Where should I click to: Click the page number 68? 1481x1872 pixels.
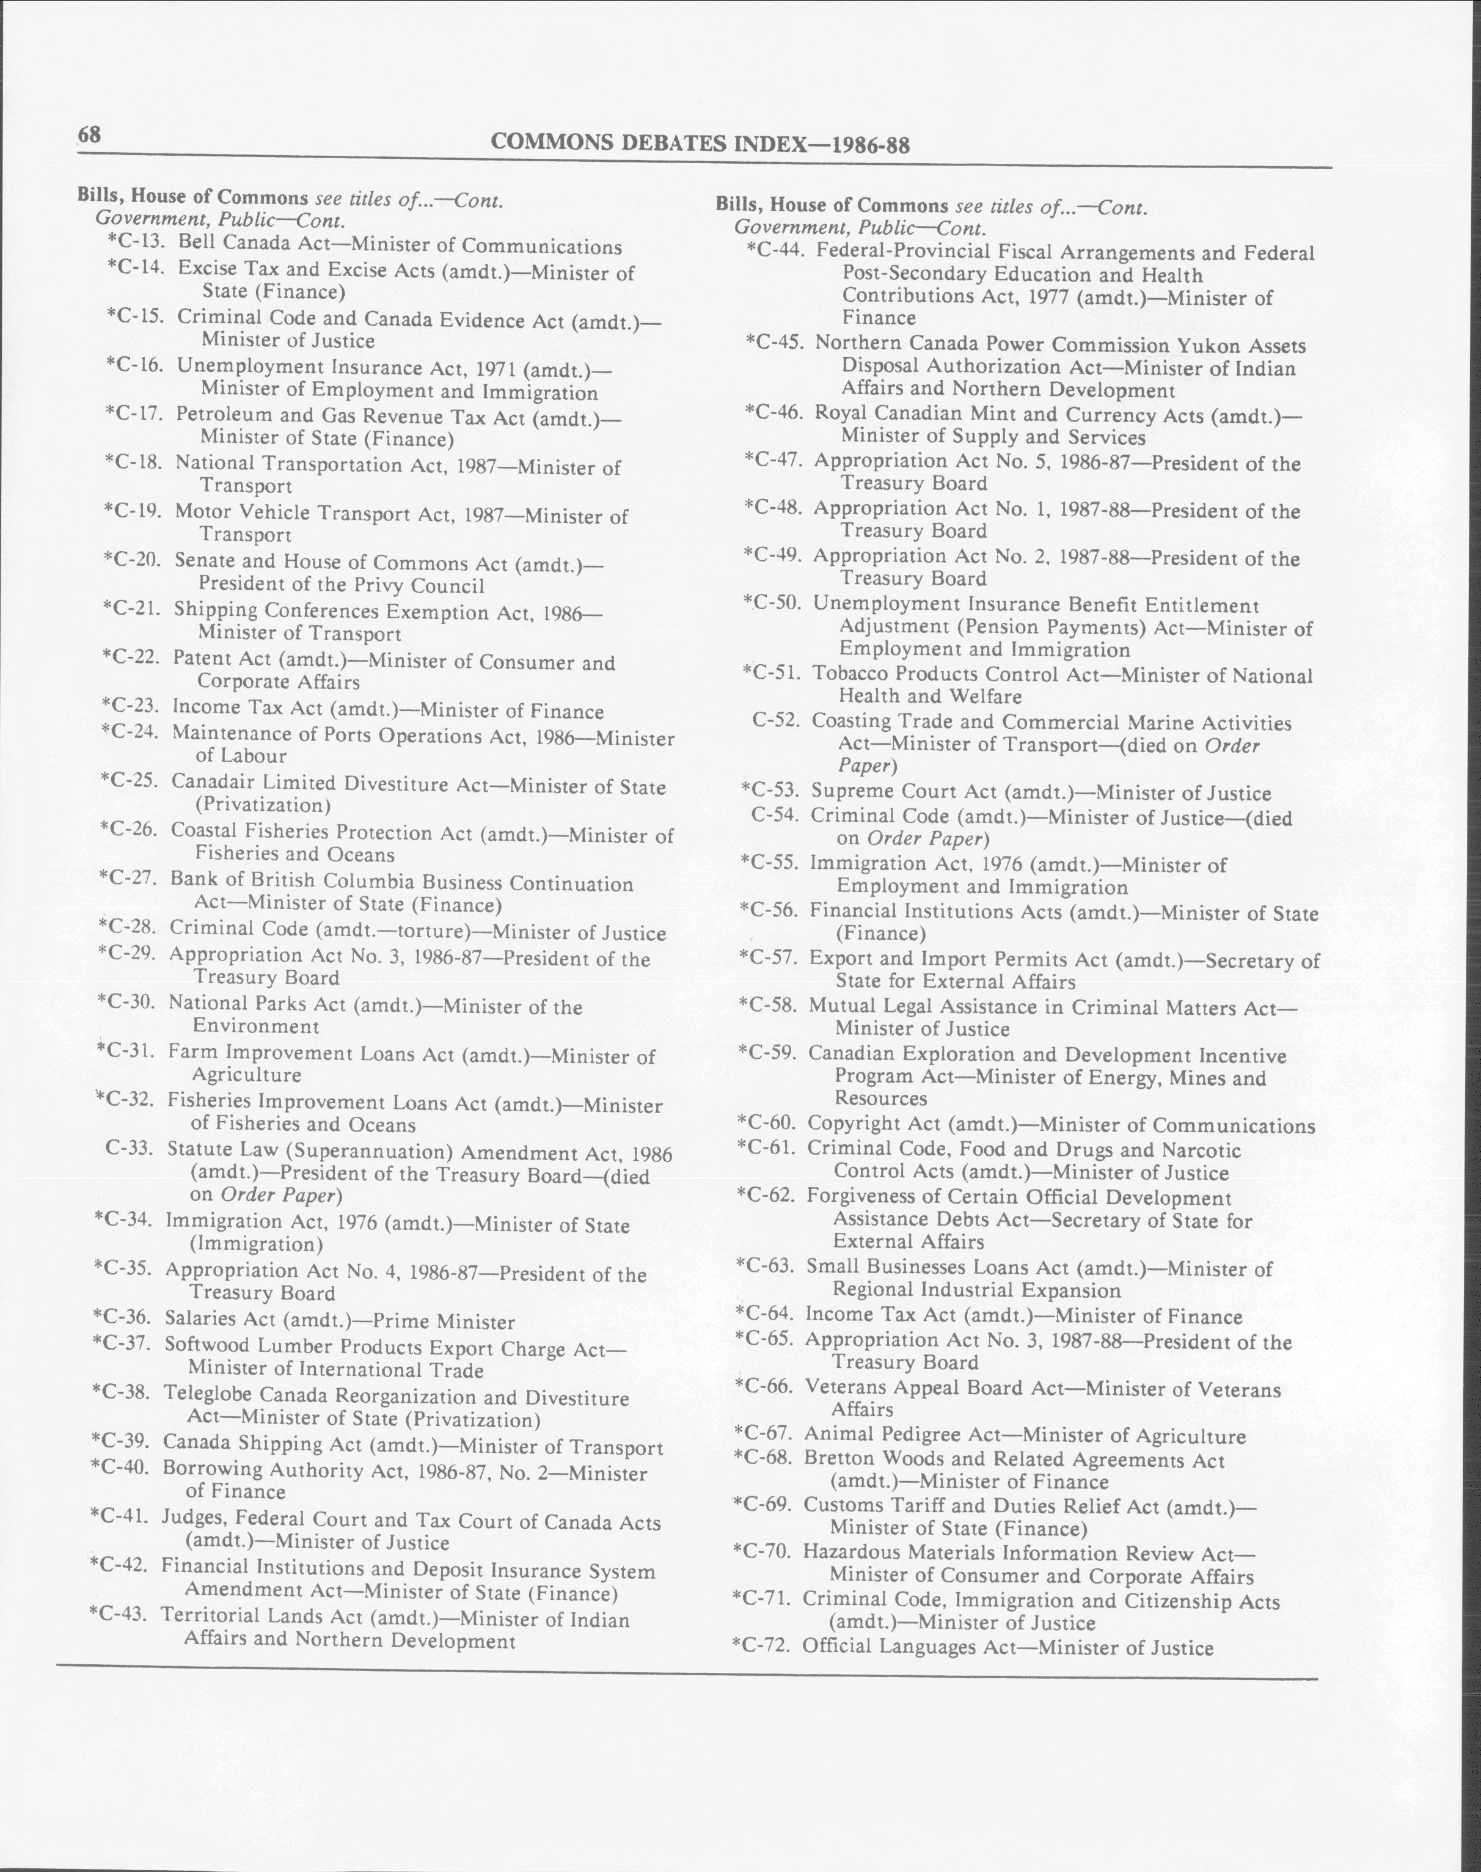point(89,135)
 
